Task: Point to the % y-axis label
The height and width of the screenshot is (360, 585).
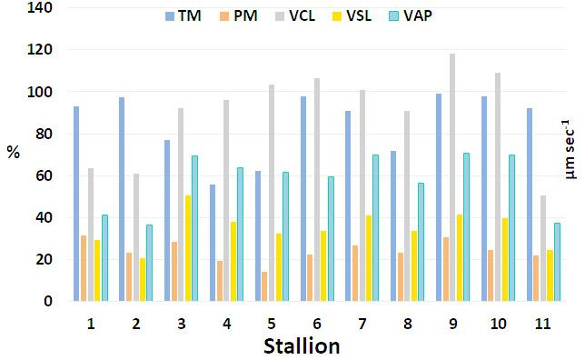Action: point(13,152)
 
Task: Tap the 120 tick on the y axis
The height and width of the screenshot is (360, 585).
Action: point(40,50)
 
